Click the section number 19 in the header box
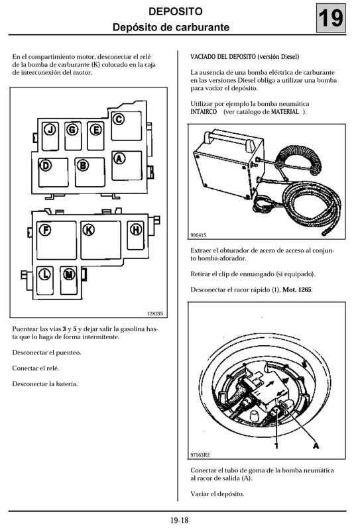tap(331, 19)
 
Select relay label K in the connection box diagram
tap(88, 230)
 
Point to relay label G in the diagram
tap(72, 129)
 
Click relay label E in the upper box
tap(95, 129)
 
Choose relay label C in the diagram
tap(119, 120)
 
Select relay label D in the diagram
tap(46, 166)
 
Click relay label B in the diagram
tap(83, 166)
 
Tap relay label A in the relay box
tap(119, 158)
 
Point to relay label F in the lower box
tap(46, 231)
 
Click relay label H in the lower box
tap(136, 230)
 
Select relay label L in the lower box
tap(45, 273)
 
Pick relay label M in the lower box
tap(69, 273)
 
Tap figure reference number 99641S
tap(198, 235)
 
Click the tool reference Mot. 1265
tap(298, 290)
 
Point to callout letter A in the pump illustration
tap(316, 445)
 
